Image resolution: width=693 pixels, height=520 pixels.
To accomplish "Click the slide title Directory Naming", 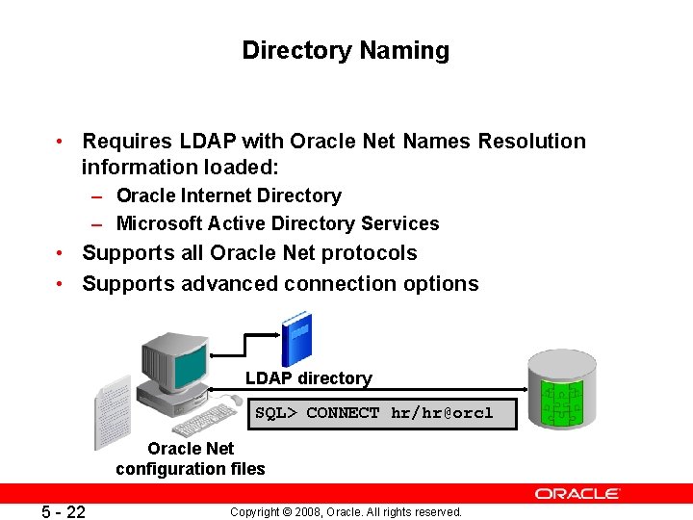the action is pos(346,50).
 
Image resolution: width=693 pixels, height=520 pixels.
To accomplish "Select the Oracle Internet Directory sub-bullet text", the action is pos(228,195).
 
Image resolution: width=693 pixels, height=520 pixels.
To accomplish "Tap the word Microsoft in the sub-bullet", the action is pos(160,223).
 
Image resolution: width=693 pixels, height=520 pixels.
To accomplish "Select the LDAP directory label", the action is pos(308,378).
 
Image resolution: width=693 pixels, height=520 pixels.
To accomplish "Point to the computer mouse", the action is pos(235,400).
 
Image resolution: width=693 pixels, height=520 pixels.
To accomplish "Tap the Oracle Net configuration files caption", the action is pos(191,458).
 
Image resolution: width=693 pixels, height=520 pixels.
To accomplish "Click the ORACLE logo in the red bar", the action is pos(577,493).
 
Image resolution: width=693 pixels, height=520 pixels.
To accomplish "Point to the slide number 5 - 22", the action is pos(64,511).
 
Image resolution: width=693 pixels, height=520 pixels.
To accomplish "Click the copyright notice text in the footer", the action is pos(346,511).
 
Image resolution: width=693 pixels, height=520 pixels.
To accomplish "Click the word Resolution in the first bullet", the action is pos(526,142).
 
